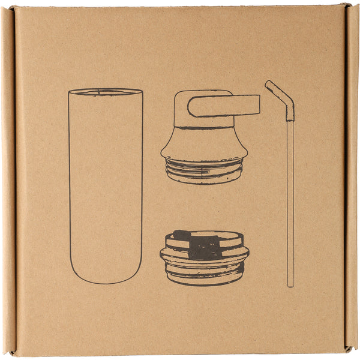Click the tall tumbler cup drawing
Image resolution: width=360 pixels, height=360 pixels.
point(106,186)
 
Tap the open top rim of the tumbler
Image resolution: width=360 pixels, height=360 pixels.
point(106,92)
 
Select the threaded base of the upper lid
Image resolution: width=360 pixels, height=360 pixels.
point(204,172)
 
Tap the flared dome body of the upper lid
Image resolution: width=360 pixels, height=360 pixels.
point(204,144)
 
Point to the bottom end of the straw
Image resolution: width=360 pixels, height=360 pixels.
point(290,283)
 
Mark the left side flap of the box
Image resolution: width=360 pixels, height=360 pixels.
point(8,180)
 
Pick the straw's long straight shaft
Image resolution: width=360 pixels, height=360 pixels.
point(290,198)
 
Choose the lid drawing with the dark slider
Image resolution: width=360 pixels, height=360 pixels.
point(204,257)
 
